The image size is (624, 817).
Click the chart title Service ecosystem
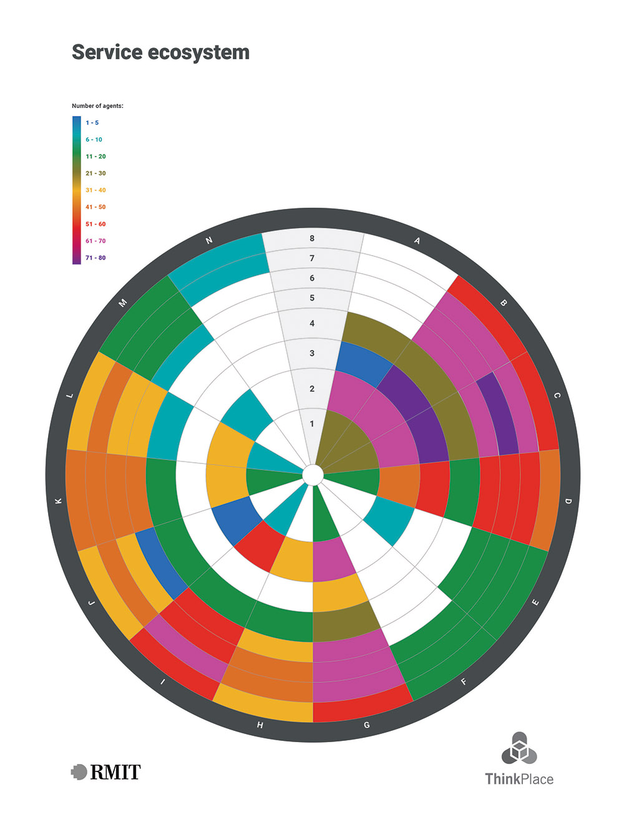point(160,52)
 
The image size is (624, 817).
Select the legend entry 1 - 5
point(92,123)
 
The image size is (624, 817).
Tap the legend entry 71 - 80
point(95,258)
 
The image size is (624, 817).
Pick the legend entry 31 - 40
point(95,190)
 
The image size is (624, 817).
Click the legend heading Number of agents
point(97,106)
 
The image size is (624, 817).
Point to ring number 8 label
point(312,238)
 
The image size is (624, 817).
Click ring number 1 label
point(312,424)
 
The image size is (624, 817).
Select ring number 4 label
point(312,323)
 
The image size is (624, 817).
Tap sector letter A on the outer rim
point(417,241)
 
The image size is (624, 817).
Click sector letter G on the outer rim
point(366,725)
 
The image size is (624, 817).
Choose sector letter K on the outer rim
point(59,501)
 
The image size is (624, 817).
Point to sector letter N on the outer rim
point(209,241)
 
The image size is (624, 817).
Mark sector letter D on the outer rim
point(568,501)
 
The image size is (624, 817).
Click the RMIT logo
point(106,772)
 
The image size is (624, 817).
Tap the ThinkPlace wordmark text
point(519,779)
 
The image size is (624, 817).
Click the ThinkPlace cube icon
point(519,748)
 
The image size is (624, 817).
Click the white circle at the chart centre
point(313,475)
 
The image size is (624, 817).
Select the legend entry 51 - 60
point(95,224)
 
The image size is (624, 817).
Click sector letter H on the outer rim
point(260,725)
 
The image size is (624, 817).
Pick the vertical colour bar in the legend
point(76,190)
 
